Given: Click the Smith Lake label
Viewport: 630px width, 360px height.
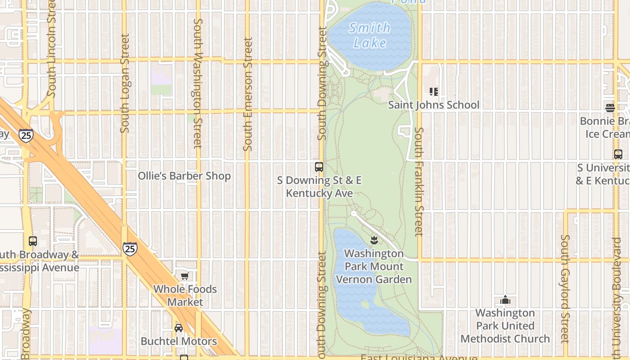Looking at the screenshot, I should (370, 35).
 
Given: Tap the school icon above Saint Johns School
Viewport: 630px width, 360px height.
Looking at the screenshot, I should (434, 92).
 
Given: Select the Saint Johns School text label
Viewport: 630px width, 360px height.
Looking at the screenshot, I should (434, 105).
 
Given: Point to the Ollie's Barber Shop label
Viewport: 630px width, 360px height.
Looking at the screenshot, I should (184, 176).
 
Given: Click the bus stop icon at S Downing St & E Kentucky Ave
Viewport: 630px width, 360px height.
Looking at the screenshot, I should (319, 167).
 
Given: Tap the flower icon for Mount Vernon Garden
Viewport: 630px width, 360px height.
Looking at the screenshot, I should (374, 240).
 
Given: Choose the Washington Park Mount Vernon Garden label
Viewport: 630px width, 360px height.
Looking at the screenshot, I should (374, 266).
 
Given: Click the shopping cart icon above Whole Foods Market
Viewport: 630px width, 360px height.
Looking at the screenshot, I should (184, 276).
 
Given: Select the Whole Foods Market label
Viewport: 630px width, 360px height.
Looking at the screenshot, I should (185, 296).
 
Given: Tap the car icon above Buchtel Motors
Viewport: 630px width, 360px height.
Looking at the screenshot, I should (179, 328).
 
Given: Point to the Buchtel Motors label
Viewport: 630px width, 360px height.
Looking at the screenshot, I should (179, 341).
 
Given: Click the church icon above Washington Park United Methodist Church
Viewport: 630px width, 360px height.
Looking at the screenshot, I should (505, 300).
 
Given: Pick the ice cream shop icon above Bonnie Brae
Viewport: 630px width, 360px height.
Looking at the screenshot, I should (610, 108).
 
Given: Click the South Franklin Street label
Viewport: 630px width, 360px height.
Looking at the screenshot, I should (419, 182).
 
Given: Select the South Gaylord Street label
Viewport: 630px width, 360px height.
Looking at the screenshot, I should (565, 289).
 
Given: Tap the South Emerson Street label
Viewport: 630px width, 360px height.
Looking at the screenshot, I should (248, 94).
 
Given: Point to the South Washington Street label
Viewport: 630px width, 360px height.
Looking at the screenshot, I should (198, 84).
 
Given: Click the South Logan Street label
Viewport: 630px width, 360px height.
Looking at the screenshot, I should (125, 83).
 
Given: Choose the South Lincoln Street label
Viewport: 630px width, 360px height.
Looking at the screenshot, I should (51, 49).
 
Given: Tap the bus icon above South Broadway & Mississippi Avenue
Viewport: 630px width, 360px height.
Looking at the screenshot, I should (32, 241).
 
